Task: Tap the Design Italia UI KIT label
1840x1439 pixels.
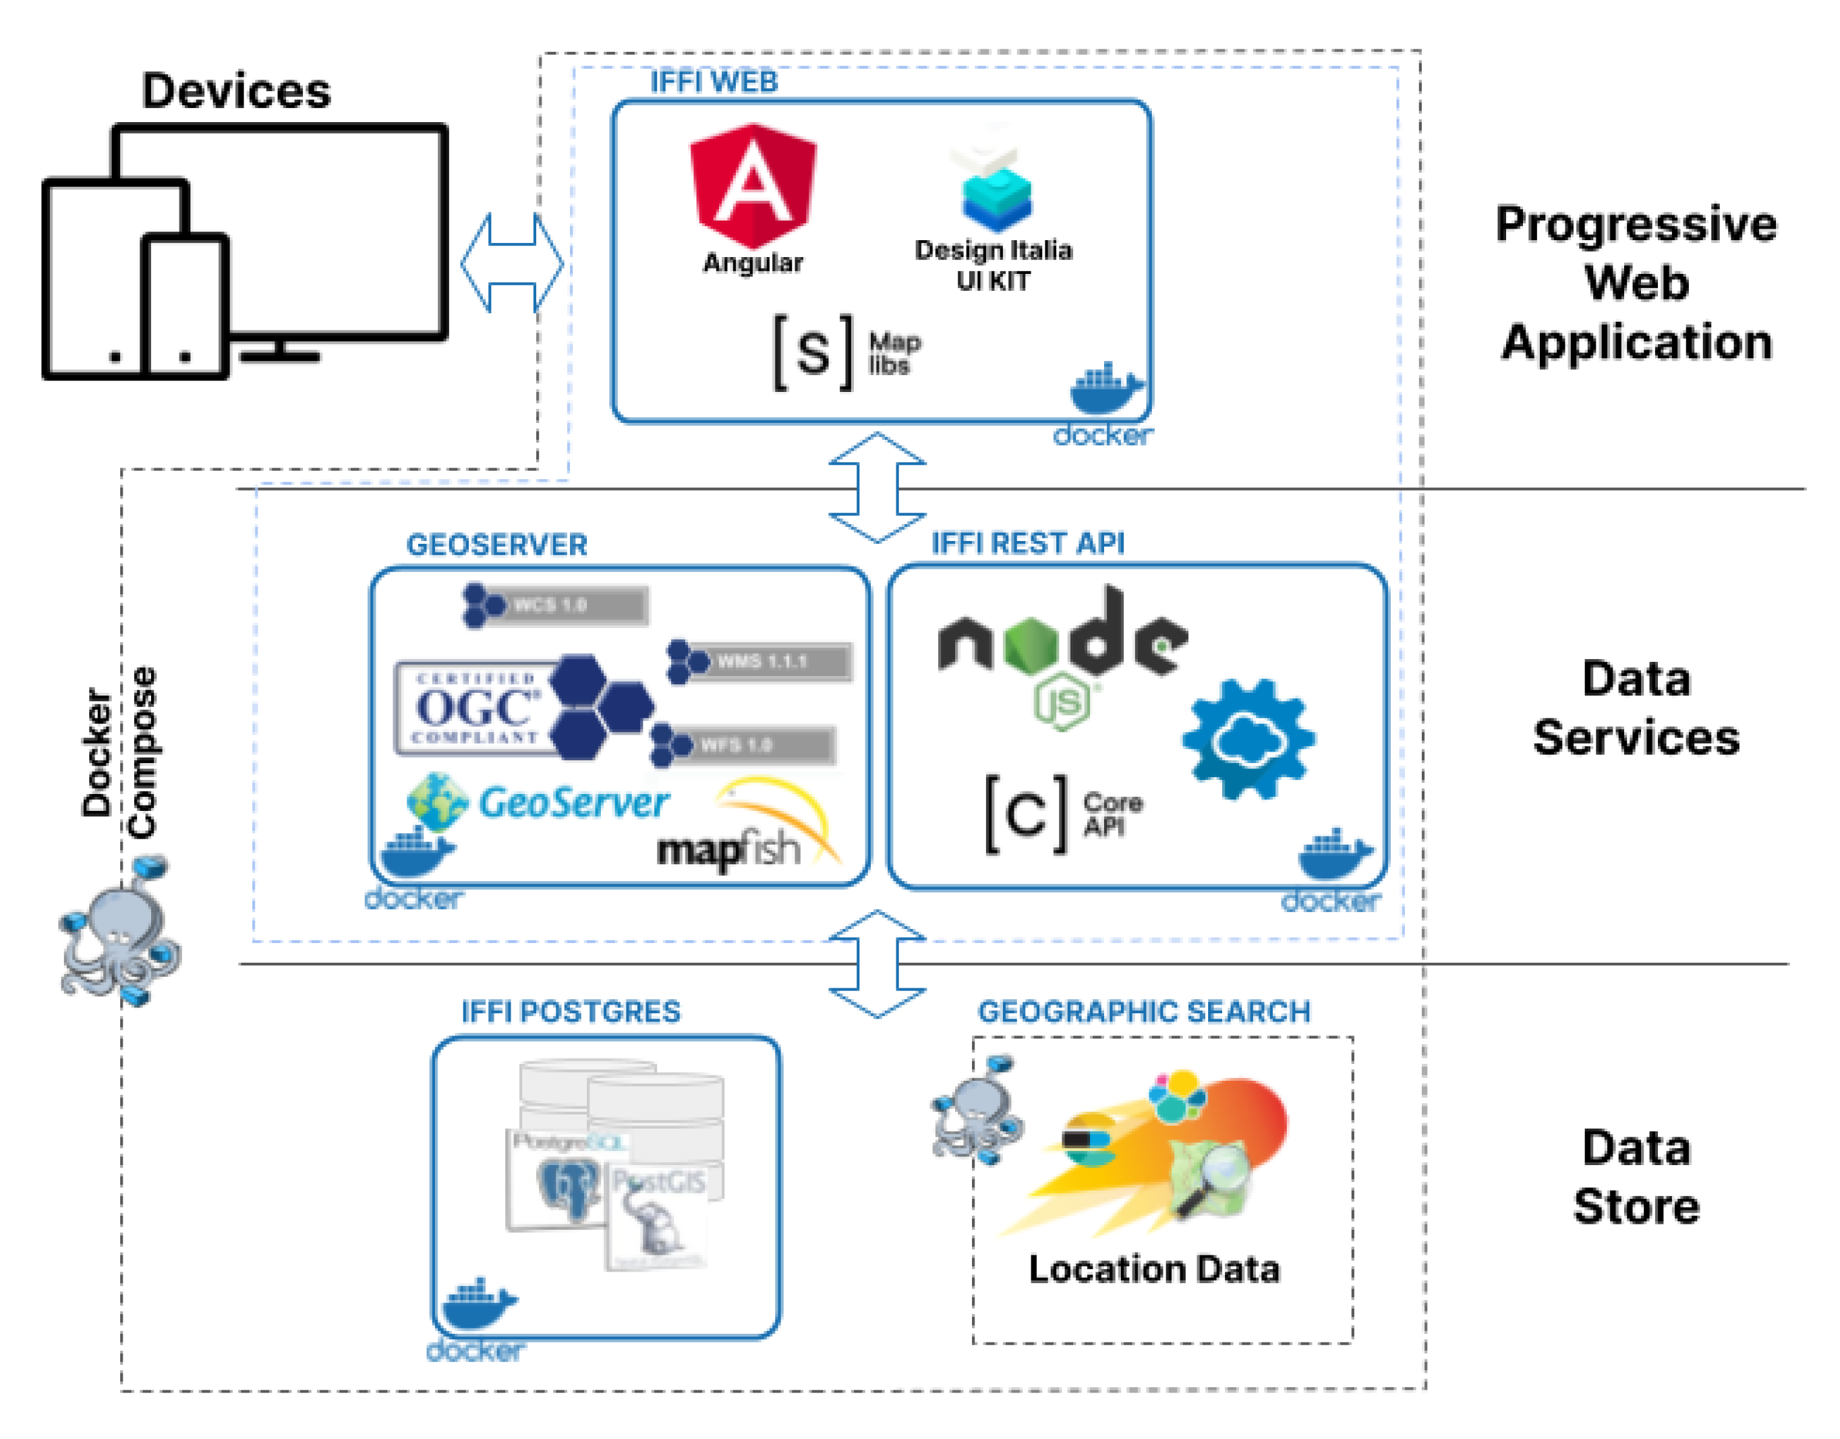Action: tap(994, 265)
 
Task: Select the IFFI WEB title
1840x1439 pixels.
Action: tap(714, 82)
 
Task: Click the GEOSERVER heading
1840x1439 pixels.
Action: tap(497, 545)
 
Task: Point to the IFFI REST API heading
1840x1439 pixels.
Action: tap(1028, 543)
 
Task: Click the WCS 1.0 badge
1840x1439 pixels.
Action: tap(556, 605)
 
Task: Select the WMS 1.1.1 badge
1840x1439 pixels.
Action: tap(760, 661)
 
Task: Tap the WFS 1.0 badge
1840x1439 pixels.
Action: tap(743, 745)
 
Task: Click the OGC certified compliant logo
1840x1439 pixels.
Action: tap(477, 708)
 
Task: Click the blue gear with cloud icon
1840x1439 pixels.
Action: tap(1248, 739)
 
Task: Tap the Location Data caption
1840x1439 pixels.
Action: tap(1154, 1269)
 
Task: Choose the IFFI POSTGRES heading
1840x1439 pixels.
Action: tap(571, 1011)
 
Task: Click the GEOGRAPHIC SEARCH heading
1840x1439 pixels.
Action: tap(1144, 1011)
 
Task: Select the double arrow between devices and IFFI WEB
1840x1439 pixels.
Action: tap(512, 263)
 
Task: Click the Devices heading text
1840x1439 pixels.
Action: tap(236, 90)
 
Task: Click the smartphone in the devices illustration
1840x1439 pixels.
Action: tap(185, 305)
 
